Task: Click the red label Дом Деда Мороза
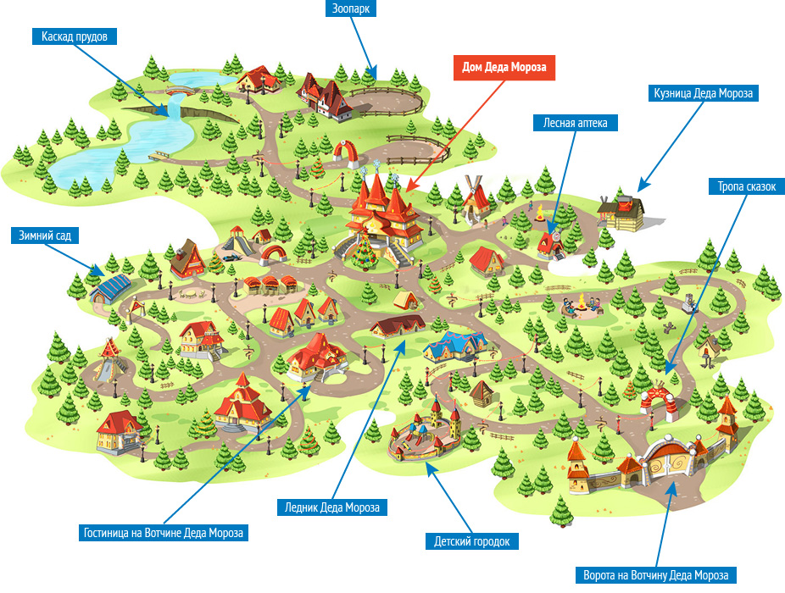click(x=504, y=69)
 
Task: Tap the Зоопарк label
click(x=351, y=9)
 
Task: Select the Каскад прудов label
click(x=74, y=36)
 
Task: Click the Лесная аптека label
click(x=576, y=123)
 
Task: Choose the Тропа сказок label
click(x=740, y=186)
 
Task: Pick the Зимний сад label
click(x=39, y=234)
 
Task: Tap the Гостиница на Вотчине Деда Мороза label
click(x=164, y=533)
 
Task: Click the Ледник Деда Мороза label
click(x=332, y=507)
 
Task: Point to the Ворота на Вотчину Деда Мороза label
click(x=655, y=574)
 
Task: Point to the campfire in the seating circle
click(x=583, y=302)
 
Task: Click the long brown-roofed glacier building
click(x=398, y=326)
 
